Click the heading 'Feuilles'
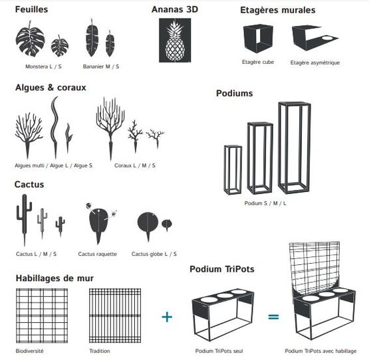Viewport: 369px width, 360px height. [x=31, y=10]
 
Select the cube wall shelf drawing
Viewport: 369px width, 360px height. [x=258, y=39]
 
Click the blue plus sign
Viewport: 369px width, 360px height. [x=167, y=317]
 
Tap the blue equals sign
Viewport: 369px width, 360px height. [x=273, y=317]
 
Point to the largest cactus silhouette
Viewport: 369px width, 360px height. [x=25, y=216]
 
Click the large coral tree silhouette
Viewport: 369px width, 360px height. [x=109, y=121]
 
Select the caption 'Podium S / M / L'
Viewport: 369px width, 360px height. [x=265, y=203]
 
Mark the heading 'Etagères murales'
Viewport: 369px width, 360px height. [x=277, y=11]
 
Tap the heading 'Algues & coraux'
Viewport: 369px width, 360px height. [x=51, y=87]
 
